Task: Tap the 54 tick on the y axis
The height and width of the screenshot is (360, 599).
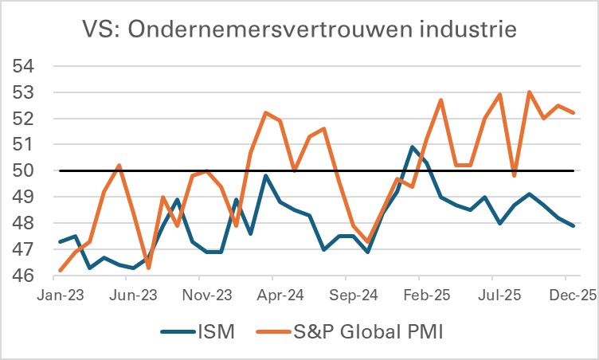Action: pos(22,66)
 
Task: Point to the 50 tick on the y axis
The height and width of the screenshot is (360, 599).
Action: pos(22,170)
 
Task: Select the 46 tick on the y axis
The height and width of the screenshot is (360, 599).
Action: pos(22,276)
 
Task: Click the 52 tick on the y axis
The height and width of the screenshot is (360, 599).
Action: pos(22,119)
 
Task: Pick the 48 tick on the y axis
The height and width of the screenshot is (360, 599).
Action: pos(22,223)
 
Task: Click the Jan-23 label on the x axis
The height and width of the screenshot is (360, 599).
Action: pos(61,294)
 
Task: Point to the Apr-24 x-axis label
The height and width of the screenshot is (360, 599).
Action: pos(272,294)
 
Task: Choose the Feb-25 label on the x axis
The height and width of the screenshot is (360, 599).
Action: pos(427,294)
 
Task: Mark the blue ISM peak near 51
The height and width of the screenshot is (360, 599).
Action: pos(412,147)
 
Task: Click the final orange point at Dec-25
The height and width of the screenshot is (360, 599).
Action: pos(574,112)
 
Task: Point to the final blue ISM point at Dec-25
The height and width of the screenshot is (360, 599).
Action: pos(574,225)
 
